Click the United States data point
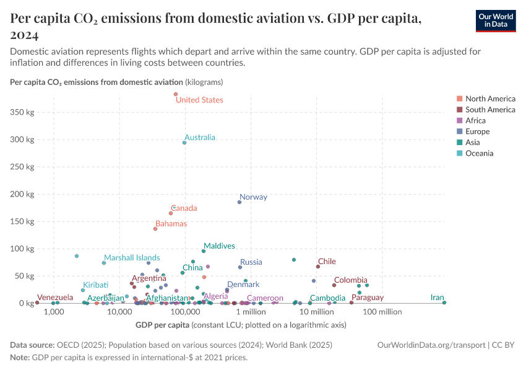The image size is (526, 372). pos(176,94)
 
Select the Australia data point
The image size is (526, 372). pos(184,143)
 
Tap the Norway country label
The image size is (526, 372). pos(253,197)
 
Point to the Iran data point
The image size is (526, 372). pos(444,303)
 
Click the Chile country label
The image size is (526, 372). pos(327,262)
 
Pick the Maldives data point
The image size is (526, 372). pos(203,251)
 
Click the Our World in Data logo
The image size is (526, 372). pos(496,20)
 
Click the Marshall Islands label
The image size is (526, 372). pos(132,258)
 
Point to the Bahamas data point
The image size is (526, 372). pos(155,229)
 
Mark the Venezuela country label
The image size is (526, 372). pos(54,298)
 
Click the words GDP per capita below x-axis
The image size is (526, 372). pos(161,324)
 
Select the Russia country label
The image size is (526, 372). pos(251,262)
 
